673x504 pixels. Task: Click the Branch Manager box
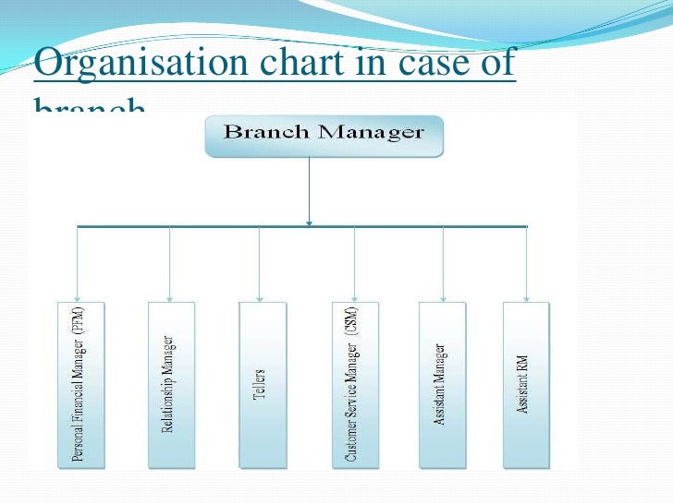[324, 135]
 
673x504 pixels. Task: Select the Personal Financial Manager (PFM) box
[79, 383]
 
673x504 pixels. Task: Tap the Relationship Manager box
[170, 383]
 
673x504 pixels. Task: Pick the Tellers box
[262, 383]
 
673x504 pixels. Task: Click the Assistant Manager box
[442, 383]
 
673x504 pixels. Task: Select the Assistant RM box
[526, 383]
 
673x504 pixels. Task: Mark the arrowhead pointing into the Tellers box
[260, 297]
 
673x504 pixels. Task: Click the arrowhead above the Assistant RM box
[527, 297]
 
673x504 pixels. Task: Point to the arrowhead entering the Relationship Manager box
[170, 297]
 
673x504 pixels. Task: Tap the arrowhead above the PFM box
[79, 297]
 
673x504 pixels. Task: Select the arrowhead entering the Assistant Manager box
[443, 297]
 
